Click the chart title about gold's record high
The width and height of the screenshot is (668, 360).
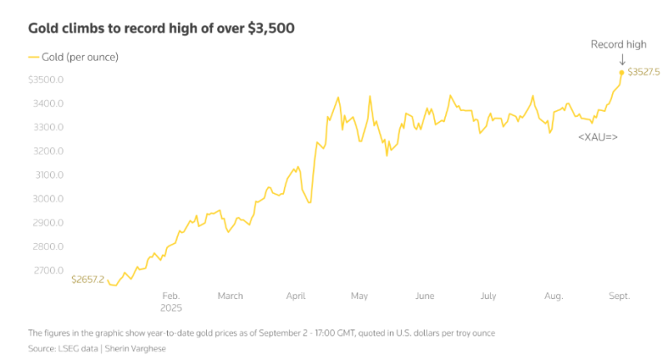tap(161, 28)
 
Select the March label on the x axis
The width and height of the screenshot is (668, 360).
tap(230, 296)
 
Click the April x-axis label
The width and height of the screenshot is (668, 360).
tap(296, 296)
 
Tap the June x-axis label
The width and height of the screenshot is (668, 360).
tap(424, 296)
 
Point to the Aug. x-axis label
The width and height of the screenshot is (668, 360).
tap(554, 296)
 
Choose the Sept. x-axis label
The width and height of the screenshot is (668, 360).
tap(619, 296)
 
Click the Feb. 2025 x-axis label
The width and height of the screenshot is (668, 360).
tap(170, 302)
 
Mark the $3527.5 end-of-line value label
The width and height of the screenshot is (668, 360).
tap(644, 73)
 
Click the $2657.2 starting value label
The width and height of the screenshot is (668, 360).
tap(88, 279)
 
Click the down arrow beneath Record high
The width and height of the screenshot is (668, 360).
tap(621, 59)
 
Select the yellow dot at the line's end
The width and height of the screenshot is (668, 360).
tap(621, 73)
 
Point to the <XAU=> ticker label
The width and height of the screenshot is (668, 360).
tap(597, 136)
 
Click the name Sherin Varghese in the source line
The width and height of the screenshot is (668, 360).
tap(136, 348)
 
